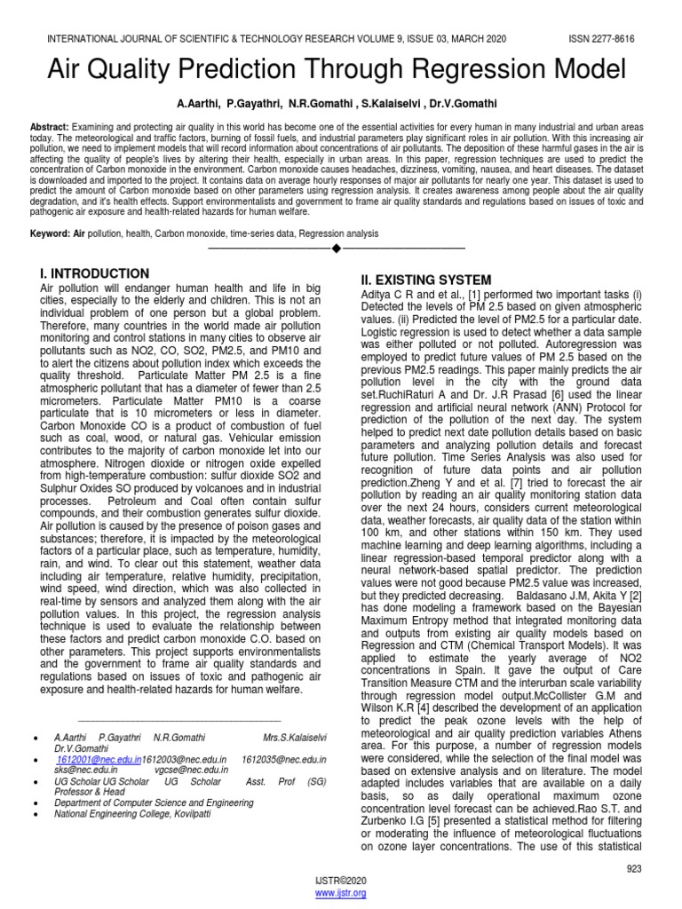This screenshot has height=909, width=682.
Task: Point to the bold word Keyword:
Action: tap(52, 233)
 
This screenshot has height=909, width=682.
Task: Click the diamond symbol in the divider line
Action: tap(336, 247)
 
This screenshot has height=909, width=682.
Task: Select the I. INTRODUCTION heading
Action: tap(95, 273)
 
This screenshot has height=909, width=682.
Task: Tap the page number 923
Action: tap(633, 869)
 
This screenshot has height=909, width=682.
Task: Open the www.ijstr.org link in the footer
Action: tap(341, 892)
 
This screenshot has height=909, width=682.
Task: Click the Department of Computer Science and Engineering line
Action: tap(153, 802)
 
